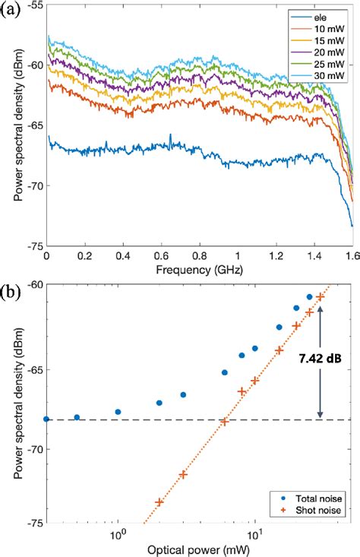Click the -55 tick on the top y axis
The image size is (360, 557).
pos(32,5)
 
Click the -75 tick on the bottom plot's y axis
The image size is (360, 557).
pos(32,524)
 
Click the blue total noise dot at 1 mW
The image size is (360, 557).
pos(118,412)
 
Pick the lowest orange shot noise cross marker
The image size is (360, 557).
pos(159,502)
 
